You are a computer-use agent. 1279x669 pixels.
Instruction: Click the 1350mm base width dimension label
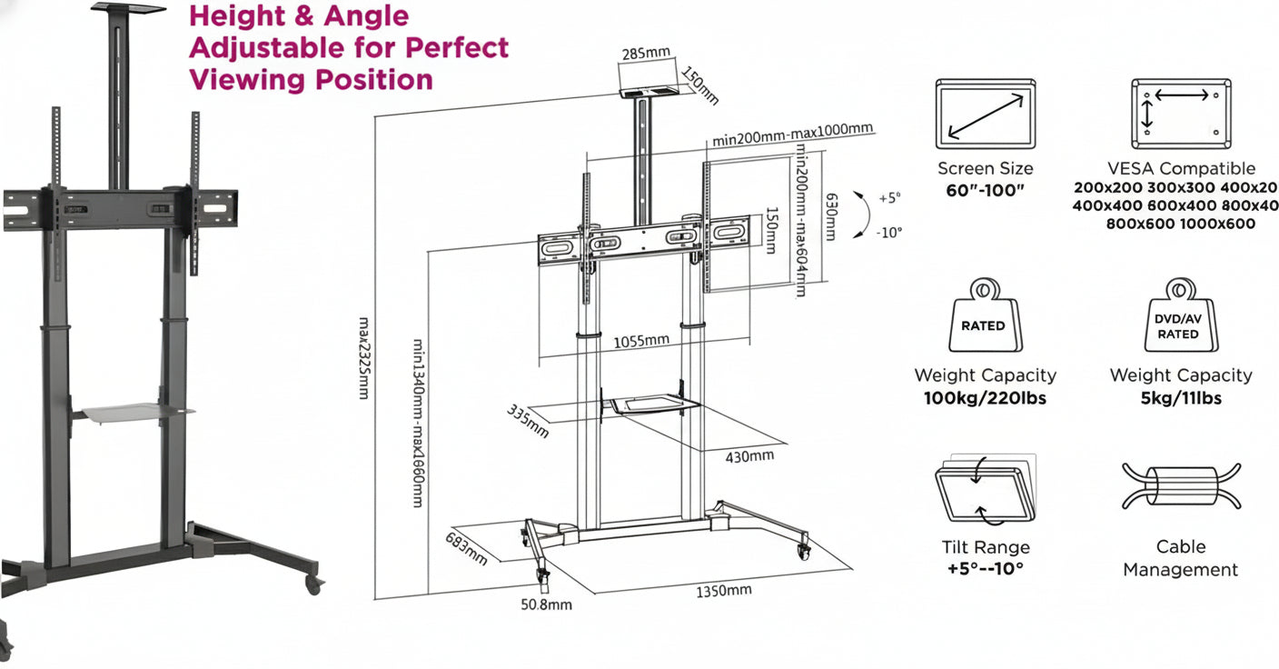click(724, 591)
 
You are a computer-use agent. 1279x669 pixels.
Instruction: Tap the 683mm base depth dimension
click(466, 550)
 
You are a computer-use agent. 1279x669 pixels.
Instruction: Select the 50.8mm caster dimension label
click(546, 604)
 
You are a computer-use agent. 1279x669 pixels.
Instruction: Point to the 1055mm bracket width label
click(641, 341)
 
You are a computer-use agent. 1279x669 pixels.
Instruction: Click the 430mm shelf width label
click(749, 455)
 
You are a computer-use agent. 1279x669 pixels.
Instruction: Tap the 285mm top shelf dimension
click(646, 54)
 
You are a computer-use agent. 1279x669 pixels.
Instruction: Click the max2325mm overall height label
click(363, 358)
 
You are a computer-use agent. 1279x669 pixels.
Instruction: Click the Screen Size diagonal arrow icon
click(985, 115)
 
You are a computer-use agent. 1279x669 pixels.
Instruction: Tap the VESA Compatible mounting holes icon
click(1181, 115)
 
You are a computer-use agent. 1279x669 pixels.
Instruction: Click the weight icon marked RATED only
click(984, 316)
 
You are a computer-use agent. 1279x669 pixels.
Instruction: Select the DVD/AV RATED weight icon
click(1178, 316)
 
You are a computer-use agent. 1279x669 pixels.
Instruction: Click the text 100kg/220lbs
click(985, 398)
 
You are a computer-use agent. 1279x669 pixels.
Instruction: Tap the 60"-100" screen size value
click(985, 190)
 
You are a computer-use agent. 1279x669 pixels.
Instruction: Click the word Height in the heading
click(235, 16)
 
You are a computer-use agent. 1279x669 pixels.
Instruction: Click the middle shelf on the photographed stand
click(136, 414)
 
